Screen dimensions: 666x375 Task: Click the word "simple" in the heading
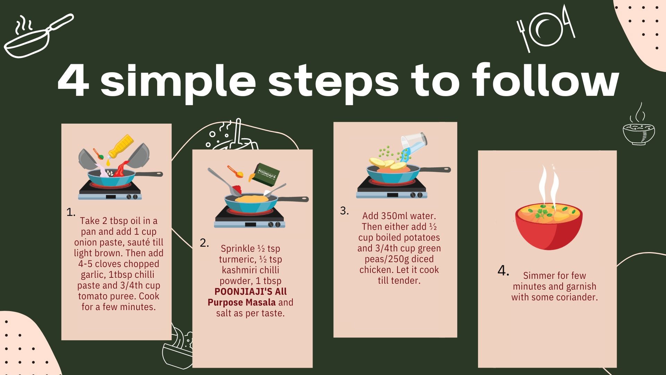[x=178, y=82]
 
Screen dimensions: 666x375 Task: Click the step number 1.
[x=71, y=212]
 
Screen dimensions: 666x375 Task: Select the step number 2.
[x=204, y=243]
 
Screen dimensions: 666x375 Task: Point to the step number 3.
[x=344, y=210]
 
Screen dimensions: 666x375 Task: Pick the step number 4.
[x=503, y=270]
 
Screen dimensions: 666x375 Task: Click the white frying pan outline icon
[x=38, y=36]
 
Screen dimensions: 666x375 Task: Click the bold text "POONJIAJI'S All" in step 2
[x=250, y=291]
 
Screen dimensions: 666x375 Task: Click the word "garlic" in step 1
[x=93, y=275]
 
